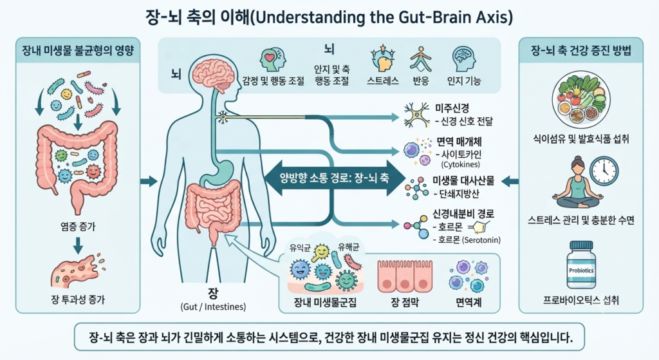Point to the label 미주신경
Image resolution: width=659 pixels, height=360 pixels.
[452, 108]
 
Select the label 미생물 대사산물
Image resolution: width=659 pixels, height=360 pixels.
[463, 181]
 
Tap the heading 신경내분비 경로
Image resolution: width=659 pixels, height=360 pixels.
[463, 214]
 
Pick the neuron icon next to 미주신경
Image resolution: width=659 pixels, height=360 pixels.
[416, 115]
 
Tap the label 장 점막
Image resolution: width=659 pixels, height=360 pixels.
[405, 302]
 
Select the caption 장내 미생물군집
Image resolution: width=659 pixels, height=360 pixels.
[325, 302]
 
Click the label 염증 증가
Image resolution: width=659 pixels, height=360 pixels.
[78, 227]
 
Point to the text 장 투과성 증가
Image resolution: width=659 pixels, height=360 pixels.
[78, 299]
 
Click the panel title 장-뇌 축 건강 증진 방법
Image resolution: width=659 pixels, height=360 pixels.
[581, 51]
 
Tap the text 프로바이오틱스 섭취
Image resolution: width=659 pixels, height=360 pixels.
[581, 300]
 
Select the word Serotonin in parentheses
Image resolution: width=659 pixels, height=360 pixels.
[481, 240]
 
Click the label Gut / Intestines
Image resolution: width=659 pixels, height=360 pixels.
[213, 307]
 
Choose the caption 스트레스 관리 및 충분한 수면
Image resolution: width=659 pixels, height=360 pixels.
[581, 220]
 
